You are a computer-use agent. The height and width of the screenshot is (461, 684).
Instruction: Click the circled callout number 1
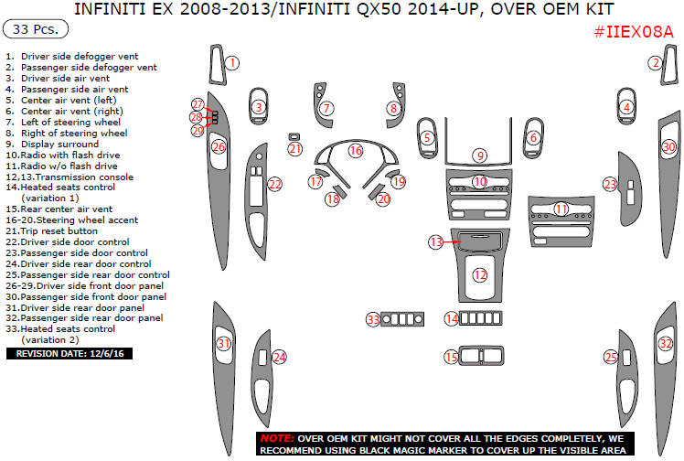pyautogui.click(x=232, y=63)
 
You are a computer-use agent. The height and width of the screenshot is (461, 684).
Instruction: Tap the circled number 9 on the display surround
pyautogui.click(x=479, y=155)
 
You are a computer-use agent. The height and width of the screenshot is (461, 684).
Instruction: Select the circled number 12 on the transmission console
pyautogui.click(x=479, y=274)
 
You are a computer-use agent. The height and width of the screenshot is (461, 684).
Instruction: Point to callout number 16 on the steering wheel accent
pyautogui.click(x=356, y=150)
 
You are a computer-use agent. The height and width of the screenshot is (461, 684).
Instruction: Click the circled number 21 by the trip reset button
pyautogui.click(x=294, y=149)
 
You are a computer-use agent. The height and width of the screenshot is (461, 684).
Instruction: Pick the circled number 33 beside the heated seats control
pyautogui.click(x=372, y=319)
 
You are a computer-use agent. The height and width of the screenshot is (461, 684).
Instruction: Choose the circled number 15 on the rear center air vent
pyautogui.click(x=451, y=357)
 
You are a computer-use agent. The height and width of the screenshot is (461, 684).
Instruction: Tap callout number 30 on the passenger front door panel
pyautogui.click(x=668, y=146)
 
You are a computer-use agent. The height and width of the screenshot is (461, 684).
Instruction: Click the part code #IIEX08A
pyautogui.click(x=632, y=31)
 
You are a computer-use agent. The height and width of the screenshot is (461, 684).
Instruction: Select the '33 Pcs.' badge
pyautogui.click(x=36, y=29)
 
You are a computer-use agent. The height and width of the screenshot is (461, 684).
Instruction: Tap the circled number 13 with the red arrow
pyautogui.click(x=436, y=241)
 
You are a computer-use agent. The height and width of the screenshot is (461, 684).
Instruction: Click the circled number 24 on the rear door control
pyautogui.click(x=279, y=357)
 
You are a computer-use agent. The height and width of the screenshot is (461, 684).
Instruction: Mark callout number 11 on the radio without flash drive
pyautogui.click(x=561, y=209)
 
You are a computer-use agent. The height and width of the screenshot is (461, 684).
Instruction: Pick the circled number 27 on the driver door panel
pyautogui.click(x=198, y=104)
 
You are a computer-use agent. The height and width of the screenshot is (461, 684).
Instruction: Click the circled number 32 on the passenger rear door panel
pyautogui.click(x=665, y=344)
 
